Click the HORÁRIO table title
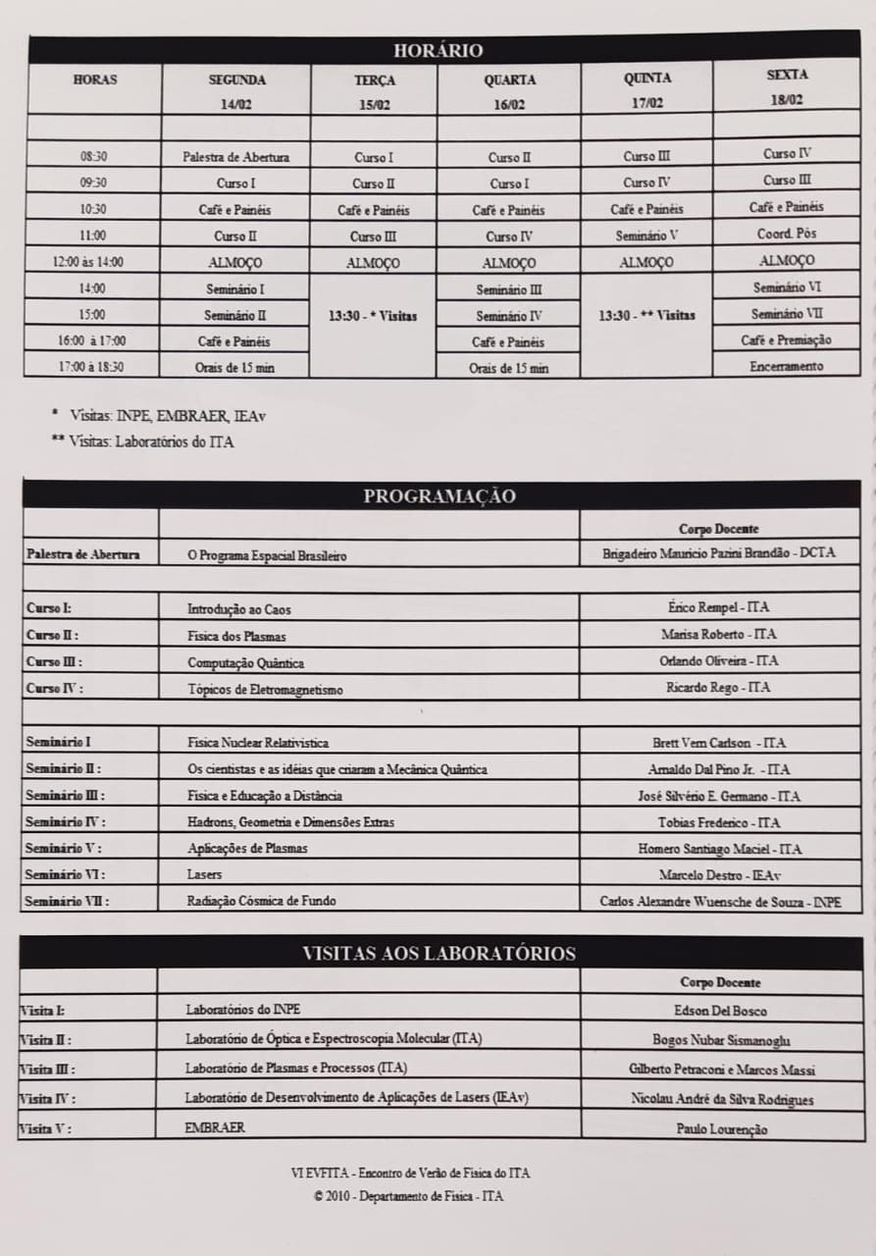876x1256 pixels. [438, 50]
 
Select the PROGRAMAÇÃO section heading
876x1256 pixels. [438, 496]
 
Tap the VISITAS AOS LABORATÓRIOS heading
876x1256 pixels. [438, 953]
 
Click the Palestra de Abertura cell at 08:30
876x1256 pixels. [235, 156]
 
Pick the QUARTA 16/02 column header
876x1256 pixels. [509, 91]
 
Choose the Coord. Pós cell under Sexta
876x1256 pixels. [787, 234]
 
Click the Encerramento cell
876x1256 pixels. [787, 366]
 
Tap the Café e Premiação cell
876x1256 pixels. [787, 340]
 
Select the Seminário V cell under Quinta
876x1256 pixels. [646, 235]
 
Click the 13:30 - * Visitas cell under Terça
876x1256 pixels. [373, 315]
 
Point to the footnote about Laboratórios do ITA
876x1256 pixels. [143, 442]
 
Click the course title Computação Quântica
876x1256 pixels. [245, 662]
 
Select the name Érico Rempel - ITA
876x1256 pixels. [718, 607]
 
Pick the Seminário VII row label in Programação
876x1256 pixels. [68, 900]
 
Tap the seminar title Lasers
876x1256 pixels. [204, 873]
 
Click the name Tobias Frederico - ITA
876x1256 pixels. [719, 822]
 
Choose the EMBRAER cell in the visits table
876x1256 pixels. [215, 1127]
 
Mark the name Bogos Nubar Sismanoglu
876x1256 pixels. [721, 1040]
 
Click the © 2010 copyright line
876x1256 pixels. [408, 1196]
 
